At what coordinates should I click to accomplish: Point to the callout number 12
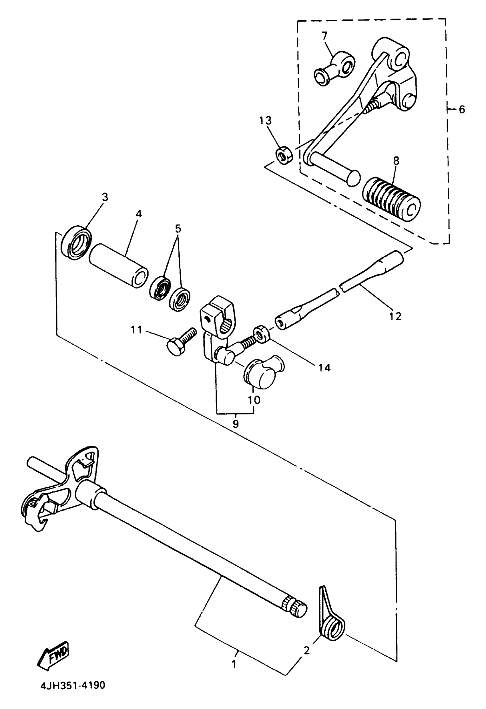click(395, 316)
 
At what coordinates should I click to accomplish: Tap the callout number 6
click(462, 110)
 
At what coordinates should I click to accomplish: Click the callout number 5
click(178, 229)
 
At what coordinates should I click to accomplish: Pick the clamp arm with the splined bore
click(217, 323)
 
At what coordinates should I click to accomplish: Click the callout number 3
click(105, 197)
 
